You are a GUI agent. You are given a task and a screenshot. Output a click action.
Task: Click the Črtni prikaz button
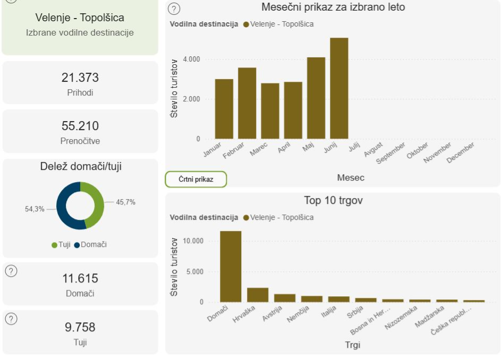click(196, 179)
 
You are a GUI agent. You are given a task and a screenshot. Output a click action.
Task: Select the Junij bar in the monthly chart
click(339, 88)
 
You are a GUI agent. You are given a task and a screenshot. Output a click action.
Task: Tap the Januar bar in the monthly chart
click(224, 109)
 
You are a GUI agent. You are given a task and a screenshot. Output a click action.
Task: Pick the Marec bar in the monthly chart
click(270, 111)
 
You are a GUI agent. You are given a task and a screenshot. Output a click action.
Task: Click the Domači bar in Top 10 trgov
click(231, 267)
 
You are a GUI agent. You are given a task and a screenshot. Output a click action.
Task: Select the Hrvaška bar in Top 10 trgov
click(258, 295)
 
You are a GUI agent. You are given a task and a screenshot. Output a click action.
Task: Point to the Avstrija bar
click(285, 298)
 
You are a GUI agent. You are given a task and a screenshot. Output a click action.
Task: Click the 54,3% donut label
click(35, 210)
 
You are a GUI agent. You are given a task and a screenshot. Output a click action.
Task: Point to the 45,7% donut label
click(125, 202)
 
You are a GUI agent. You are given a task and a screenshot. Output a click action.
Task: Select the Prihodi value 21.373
click(80, 78)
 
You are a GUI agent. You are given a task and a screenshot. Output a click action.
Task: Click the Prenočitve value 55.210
click(80, 126)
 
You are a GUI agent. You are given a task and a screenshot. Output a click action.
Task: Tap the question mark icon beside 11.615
click(11, 271)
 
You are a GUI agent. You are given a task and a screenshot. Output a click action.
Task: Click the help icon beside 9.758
click(11, 319)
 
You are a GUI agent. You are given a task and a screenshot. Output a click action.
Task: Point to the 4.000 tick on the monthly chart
click(190, 59)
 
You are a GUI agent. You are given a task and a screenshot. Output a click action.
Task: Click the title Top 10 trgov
click(333, 201)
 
